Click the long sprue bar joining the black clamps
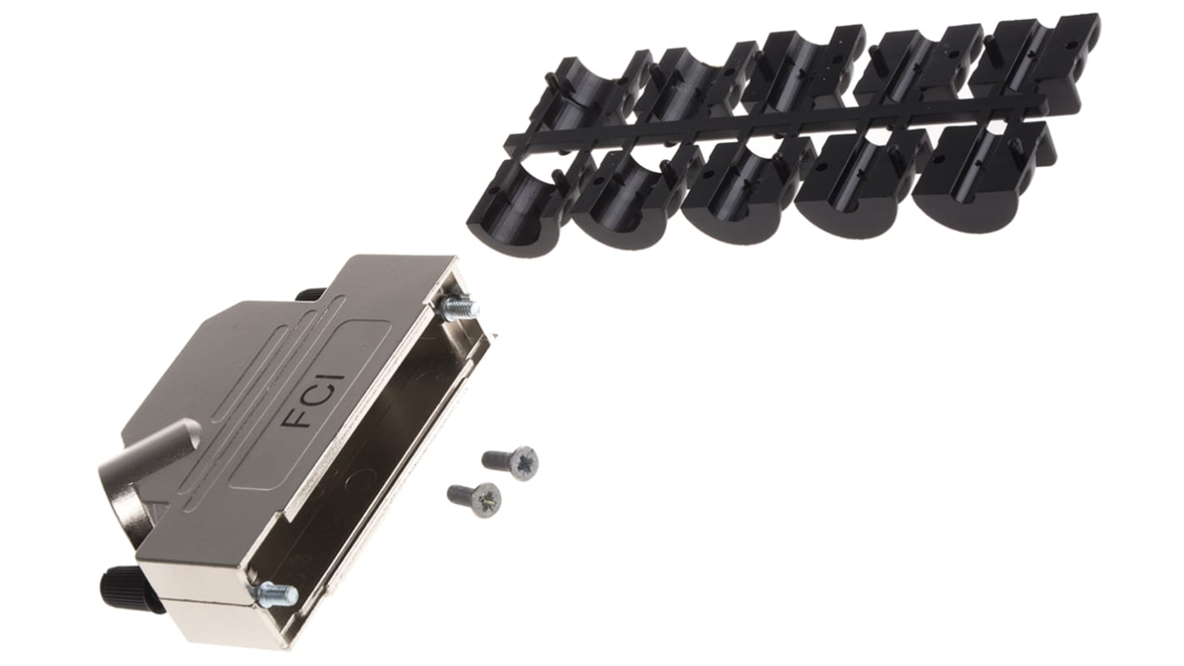pos(775,125)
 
